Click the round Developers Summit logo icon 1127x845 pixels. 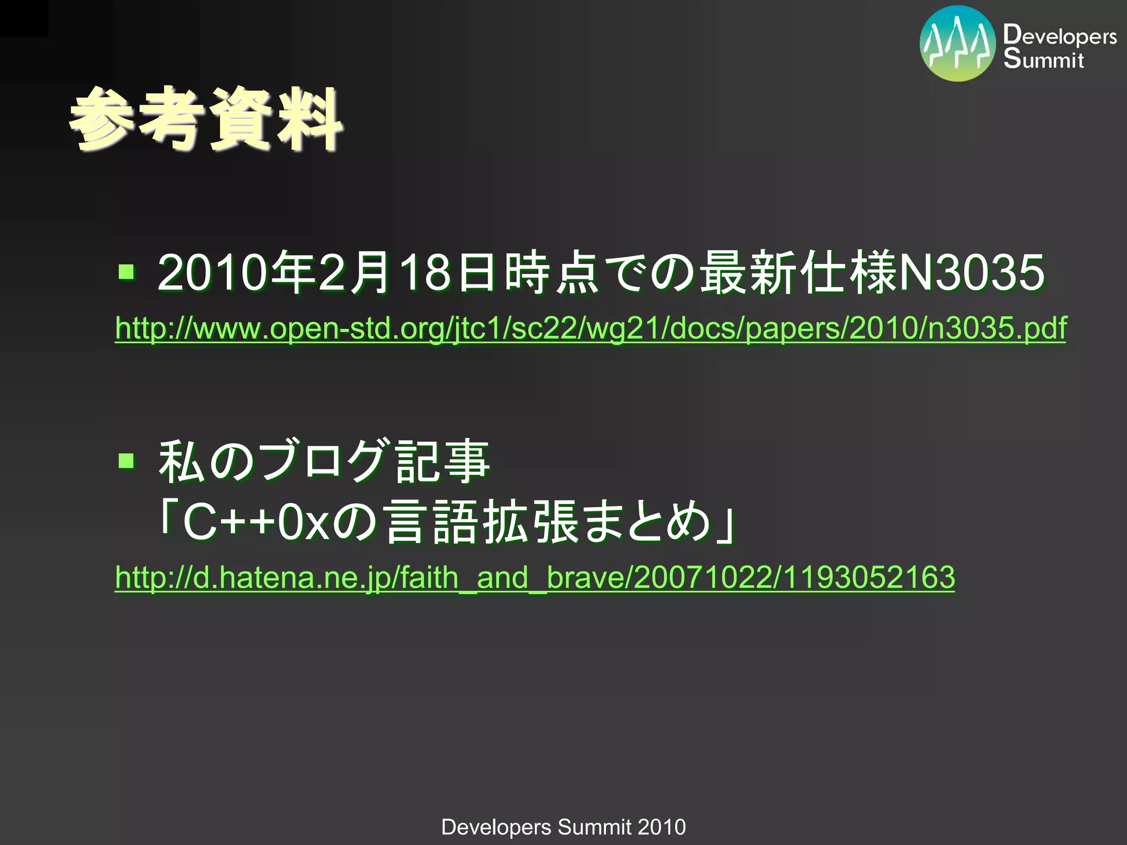pos(958,44)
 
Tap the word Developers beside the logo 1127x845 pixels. pos(1060,35)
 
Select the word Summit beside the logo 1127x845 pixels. pos(1043,58)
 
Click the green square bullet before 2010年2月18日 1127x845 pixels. pos(127,271)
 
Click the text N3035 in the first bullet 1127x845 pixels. pos(971,272)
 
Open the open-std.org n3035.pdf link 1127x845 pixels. pos(590,328)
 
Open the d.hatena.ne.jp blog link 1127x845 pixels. pos(535,578)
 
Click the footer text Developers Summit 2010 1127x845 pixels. pos(563,827)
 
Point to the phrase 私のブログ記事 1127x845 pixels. pos(324,461)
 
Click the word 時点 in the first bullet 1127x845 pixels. pos(552,272)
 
